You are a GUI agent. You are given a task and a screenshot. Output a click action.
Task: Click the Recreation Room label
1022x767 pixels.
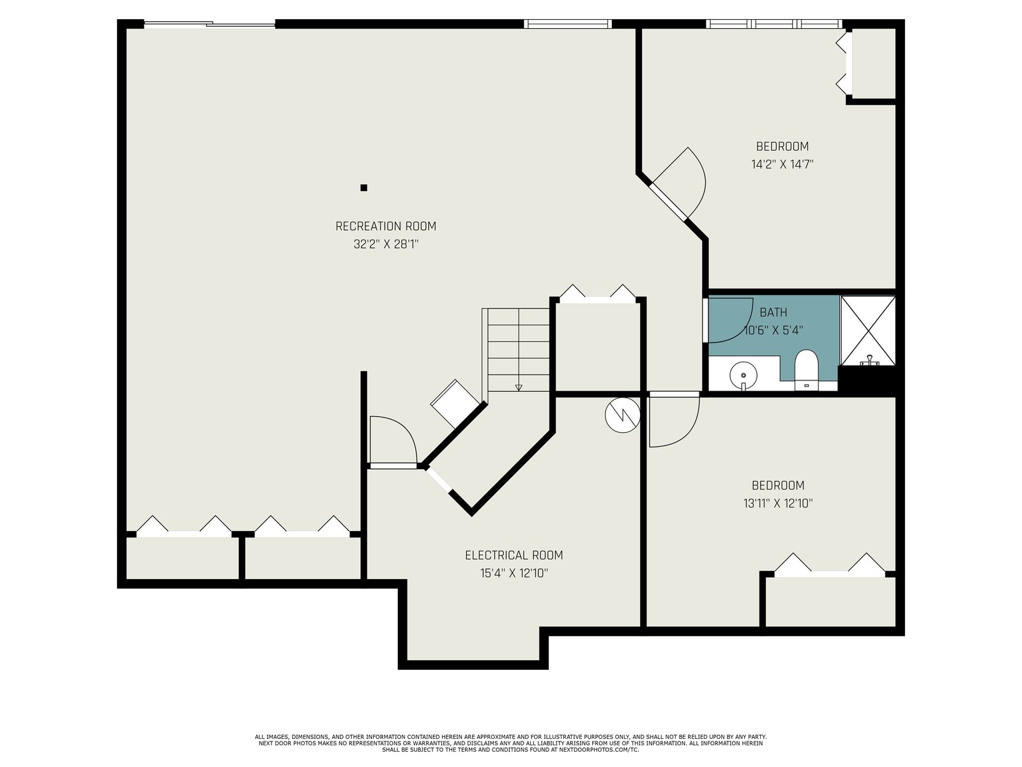pyautogui.click(x=386, y=226)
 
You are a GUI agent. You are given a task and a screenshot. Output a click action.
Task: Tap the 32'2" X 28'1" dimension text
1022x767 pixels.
pyautogui.click(x=386, y=244)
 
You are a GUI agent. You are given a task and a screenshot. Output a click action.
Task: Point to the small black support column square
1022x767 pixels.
pyautogui.click(x=363, y=188)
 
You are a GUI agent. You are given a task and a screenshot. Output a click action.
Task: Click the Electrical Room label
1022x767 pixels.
pyautogui.click(x=514, y=555)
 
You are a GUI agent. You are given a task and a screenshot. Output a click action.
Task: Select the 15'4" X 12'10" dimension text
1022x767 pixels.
pyautogui.click(x=514, y=573)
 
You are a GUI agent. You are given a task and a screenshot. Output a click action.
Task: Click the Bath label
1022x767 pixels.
pyautogui.click(x=774, y=312)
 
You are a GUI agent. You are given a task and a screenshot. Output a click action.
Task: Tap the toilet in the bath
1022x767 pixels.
pyautogui.click(x=807, y=369)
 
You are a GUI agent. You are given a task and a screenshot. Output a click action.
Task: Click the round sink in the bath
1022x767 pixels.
pyautogui.click(x=743, y=375)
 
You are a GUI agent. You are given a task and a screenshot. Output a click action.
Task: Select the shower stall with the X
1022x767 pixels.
pyautogui.click(x=868, y=330)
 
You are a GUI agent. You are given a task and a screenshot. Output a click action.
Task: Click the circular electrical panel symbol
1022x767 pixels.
pyautogui.click(x=623, y=415)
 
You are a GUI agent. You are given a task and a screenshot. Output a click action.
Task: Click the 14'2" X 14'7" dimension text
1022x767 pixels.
pyautogui.click(x=782, y=164)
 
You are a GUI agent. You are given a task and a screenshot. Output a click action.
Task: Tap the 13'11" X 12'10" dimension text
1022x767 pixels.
pyautogui.click(x=778, y=504)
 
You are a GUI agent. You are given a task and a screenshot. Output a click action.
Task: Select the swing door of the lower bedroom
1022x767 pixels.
pyautogui.click(x=674, y=419)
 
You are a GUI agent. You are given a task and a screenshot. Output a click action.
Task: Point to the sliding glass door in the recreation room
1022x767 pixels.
pyautogui.click(x=210, y=24)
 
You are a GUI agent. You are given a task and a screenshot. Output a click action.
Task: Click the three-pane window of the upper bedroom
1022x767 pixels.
pyautogui.click(x=774, y=24)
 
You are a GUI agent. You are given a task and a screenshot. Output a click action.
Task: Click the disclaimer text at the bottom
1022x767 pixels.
pyautogui.click(x=511, y=743)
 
